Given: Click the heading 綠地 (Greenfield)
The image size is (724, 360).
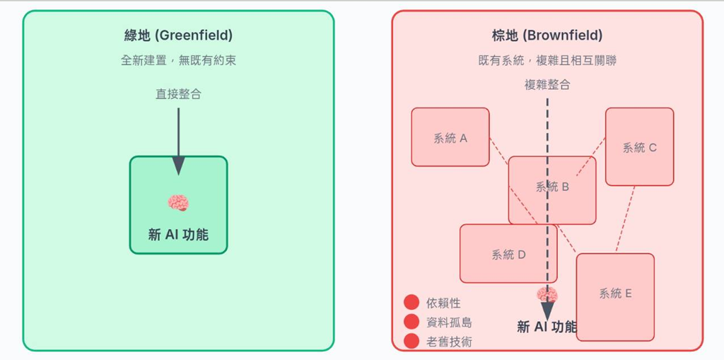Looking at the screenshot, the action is tap(178, 35).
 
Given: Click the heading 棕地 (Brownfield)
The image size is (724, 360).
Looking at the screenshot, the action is tap(547, 35).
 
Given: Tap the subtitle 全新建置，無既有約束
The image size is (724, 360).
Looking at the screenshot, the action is tap(178, 61).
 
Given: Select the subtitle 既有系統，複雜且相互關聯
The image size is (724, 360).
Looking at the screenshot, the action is tap(547, 61).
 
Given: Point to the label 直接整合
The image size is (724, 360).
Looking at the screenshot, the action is tap(178, 94).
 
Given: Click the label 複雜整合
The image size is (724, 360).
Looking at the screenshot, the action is tap(547, 85).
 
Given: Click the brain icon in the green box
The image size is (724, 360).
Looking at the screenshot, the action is tap(178, 202).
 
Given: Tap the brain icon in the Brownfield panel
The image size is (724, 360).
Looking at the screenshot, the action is tap(547, 295).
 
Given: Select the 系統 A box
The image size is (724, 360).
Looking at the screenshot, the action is tap(450, 137).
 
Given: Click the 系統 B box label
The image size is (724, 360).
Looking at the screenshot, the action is tap(552, 187).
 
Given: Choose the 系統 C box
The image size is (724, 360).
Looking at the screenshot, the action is tap(639, 147).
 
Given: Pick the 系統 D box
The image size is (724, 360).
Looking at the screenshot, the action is tap(508, 254).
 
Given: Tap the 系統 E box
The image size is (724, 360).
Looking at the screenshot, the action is tap(615, 297).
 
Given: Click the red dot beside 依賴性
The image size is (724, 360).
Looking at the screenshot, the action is tap(411, 302).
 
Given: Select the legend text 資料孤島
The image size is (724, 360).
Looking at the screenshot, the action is tap(449, 322).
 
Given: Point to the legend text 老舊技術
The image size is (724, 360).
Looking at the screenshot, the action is tap(449, 342).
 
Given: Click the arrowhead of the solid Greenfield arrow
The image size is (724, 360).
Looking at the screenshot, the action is tap(178, 166).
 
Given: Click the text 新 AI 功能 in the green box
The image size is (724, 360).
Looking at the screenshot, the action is tap(178, 235).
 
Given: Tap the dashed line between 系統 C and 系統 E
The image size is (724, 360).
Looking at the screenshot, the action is tap(625, 219).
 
